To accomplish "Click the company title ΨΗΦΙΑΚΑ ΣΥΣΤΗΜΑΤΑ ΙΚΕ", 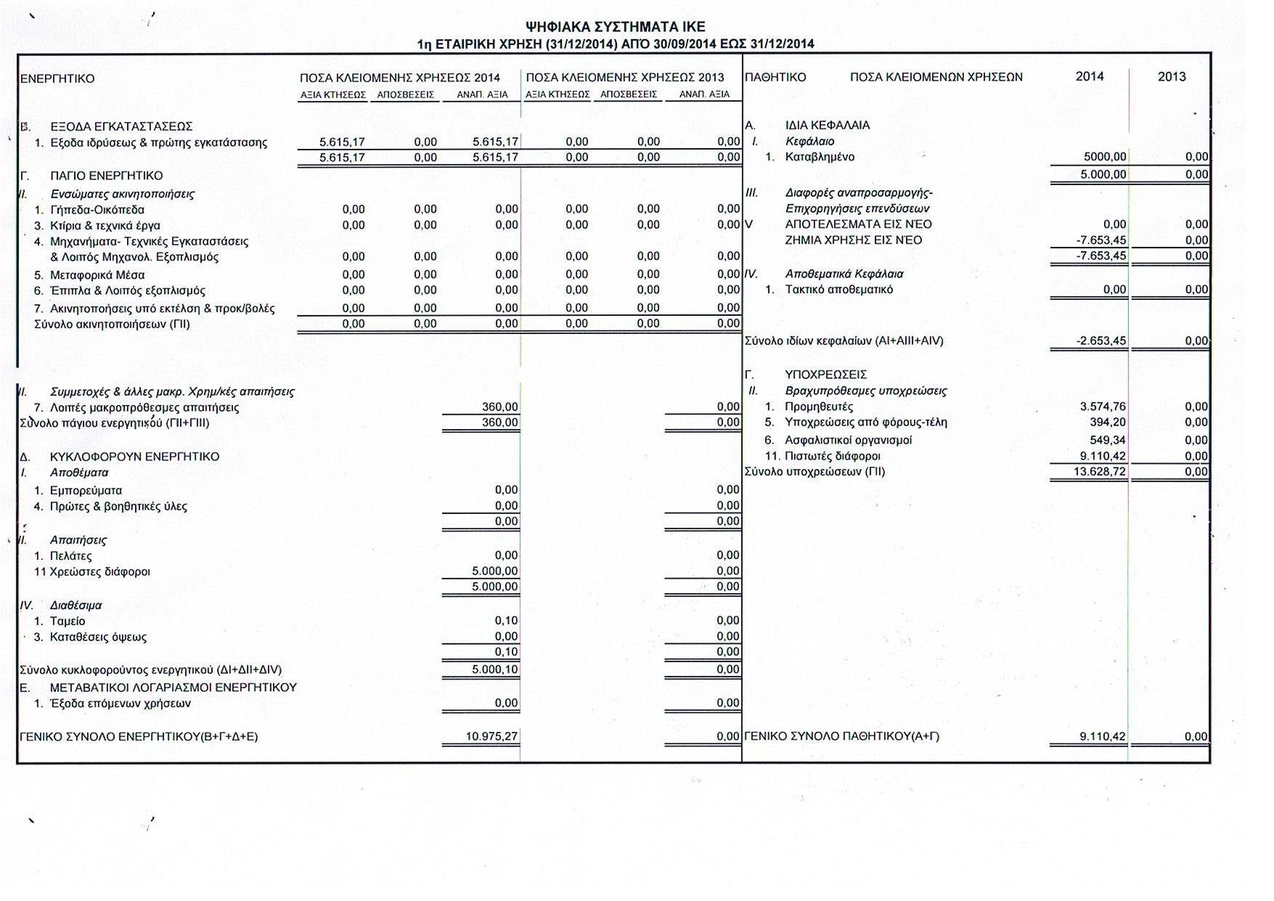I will click(615, 27).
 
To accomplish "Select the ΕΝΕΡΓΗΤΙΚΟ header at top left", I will click(57, 78).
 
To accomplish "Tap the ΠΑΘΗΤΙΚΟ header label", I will click(775, 77).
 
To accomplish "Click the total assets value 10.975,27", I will click(491, 736).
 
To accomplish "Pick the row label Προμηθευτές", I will click(819, 407).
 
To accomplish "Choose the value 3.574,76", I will click(1103, 407).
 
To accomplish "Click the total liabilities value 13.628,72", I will click(1099, 472).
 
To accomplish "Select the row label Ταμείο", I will click(68, 621).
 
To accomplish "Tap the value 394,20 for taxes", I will click(1108, 423).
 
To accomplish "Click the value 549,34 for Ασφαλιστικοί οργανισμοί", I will click(1108, 440).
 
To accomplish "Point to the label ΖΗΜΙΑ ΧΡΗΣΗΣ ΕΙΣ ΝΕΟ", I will click(853, 240).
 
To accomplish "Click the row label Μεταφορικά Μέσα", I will click(97, 275).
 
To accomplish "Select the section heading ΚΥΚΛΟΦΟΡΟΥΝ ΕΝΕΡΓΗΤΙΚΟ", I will click(134, 457).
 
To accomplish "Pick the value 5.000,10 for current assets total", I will click(494, 669).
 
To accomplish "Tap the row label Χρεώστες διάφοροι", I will click(99, 571).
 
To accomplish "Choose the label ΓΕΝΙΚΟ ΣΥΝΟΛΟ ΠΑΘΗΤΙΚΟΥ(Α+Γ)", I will click(841, 736).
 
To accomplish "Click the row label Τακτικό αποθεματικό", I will click(838, 290).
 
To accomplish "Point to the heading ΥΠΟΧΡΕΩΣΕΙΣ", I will click(825, 375).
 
